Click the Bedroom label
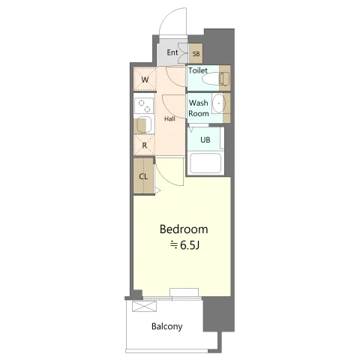pyautogui.click(x=184, y=229)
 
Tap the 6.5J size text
pyautogui.click(x=184, y=245)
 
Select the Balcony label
pyautogui.click(x=167, y=326)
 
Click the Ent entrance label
pyautogui.click(x=172, y=52)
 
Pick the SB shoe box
pyautogui.click(x=196, y=53)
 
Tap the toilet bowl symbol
pyautogui.click(x=215, y=79)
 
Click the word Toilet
pyautogui.click(x=198, y=70)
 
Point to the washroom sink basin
pyautogui.click(x=219, y=103)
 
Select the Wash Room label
pyautogui.click(x=199, y=108)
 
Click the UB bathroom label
pyautogui.click(x=205, y=139)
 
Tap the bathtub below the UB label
pyautogui.click(x=205, y=163)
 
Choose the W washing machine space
pyautogui.click(x=145, y=79)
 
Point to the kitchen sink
pyautogui.click(x=145, y=124)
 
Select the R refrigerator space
pyautogui.click(x=144, y=145)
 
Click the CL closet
pyautogui.click(x=143, y=175)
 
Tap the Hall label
pyautogui.click(x=169, y=119)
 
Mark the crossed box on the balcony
pyautogui.click(x=144, y=307)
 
